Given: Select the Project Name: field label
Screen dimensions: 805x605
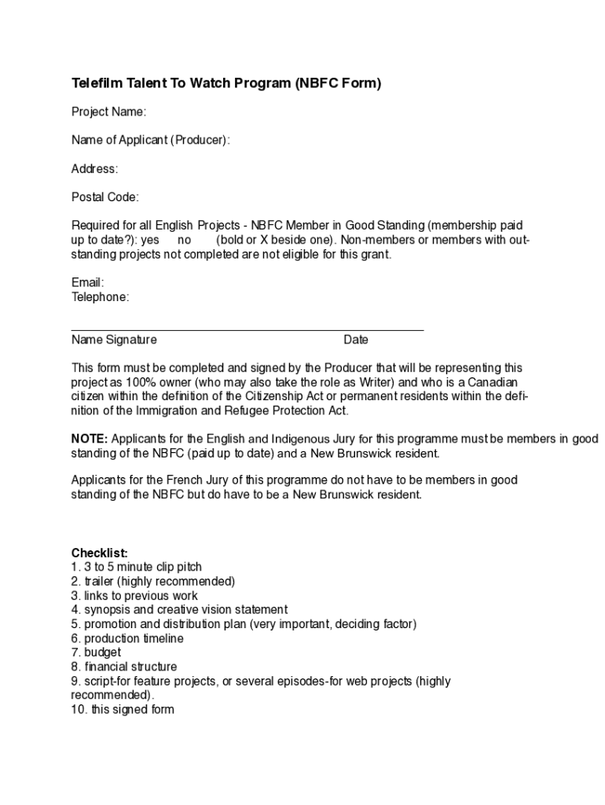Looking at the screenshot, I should tap(108, 112).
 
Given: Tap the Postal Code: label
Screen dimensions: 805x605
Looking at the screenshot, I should tap(104, 197).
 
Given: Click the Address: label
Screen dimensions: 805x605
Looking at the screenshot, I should tap(94, 168).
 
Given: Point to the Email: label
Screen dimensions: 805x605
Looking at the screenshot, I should tap(87, 282).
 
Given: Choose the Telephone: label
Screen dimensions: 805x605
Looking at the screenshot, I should tap(100, 296).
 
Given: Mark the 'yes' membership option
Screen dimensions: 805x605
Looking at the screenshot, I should tap(149, 240).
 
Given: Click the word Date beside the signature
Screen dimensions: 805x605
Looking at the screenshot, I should tap(355, 340).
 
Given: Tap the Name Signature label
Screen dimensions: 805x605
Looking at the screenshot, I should tap(114, 340).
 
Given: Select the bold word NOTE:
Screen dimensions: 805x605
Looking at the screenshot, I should tap(90, 439).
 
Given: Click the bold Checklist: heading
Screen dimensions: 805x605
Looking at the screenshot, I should tap(99, 553).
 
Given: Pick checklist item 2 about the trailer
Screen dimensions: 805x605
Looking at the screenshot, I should tap(153, 581).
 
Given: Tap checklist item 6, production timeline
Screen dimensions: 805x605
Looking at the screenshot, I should tap(127, 638).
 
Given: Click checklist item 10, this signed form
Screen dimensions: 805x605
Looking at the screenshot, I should tap(123, 709).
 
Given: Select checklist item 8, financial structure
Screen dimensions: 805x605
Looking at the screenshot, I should tap(124, 667).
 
